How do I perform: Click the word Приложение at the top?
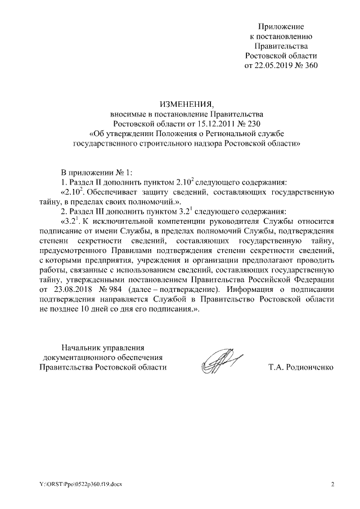(281, 26)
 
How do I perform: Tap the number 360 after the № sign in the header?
(311, 66)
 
